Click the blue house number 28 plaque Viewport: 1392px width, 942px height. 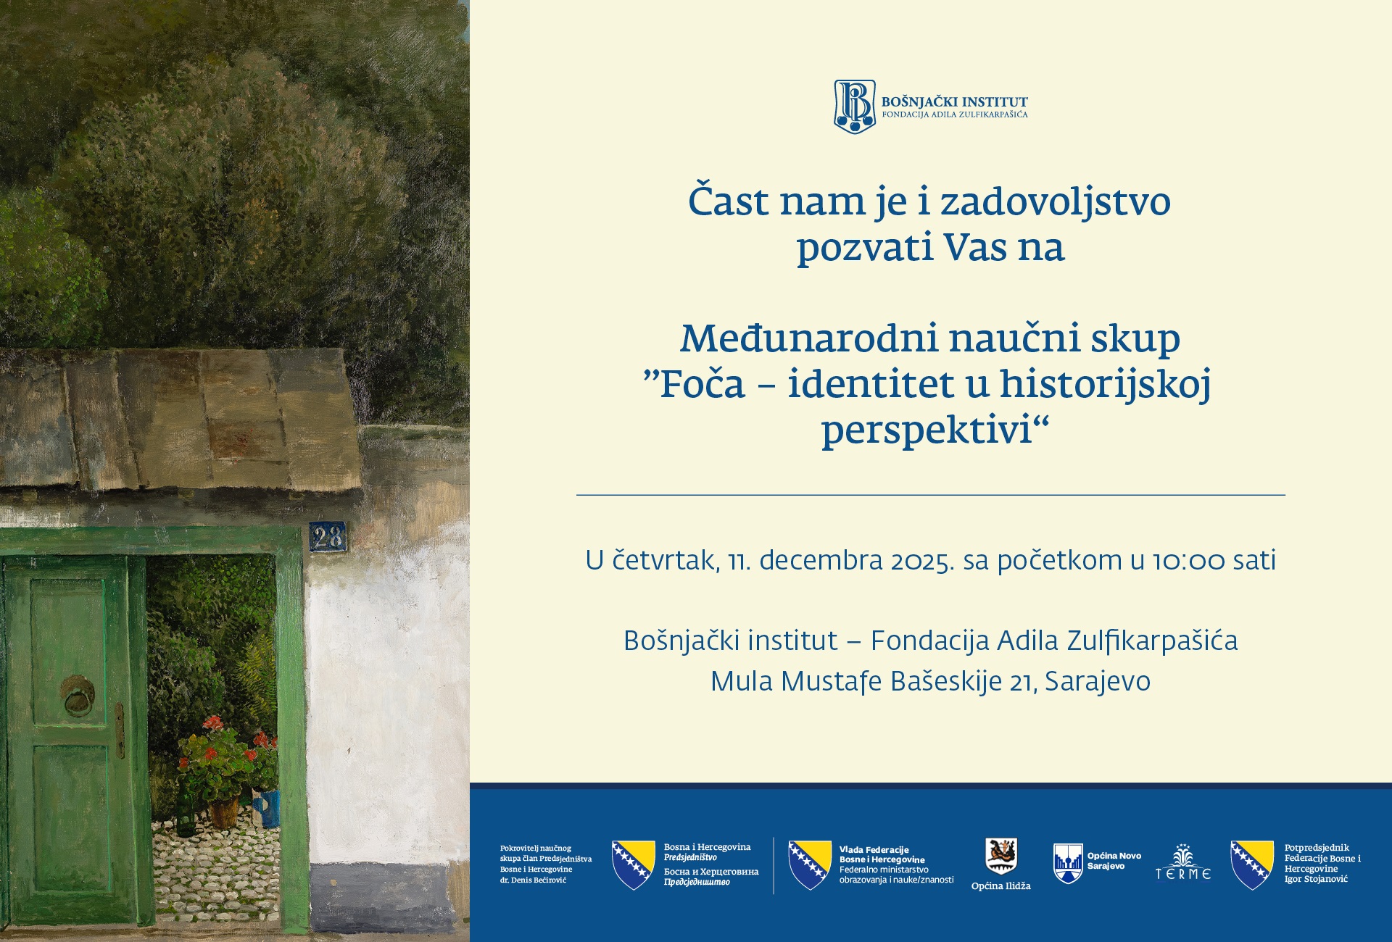pos(328,537)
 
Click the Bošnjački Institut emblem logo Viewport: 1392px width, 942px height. pos(855,107)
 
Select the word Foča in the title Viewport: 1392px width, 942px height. pos(702,384)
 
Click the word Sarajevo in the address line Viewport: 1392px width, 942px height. pos(1098,682)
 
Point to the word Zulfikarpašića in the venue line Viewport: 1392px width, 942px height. pos(1117,641)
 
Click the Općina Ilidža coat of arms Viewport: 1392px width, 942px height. pos(1001,856)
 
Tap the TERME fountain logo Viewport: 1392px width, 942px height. pos(1183,862)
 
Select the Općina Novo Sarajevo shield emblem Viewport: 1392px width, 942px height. pos(1068,863)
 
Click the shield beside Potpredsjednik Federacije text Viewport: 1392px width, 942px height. pos(1252,864)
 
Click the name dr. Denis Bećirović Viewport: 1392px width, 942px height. pos(533,880)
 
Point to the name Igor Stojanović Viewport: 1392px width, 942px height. pos(1316,879)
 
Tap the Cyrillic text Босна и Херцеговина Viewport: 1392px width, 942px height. pos(711,872)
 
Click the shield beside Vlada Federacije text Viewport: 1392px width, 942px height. pos(810,864)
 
